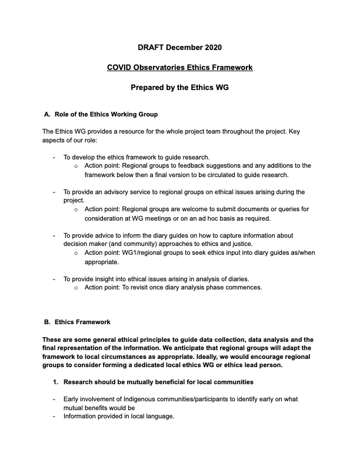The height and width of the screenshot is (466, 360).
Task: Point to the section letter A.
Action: point(47,114)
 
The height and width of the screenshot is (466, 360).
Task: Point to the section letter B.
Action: point(47,322)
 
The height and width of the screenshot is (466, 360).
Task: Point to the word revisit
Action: point(146,287)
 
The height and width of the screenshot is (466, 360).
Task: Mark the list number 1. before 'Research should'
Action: point(55,382)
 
